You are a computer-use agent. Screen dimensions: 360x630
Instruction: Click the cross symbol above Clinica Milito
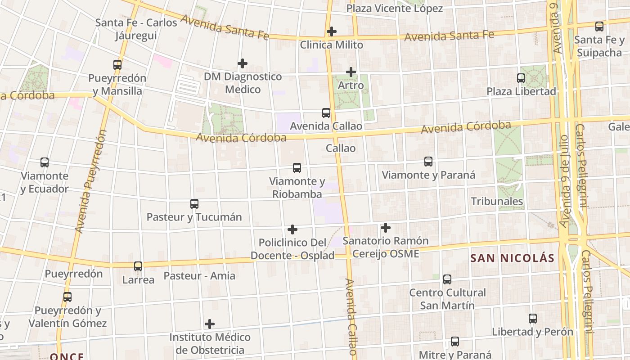(332, 31)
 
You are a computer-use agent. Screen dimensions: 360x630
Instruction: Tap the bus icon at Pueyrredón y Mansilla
(117, 65)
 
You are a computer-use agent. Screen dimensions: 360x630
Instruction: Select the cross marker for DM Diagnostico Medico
(243, 63)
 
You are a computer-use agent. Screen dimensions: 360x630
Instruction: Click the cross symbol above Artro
(351, 72)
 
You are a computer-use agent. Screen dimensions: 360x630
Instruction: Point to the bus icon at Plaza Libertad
(521, 78)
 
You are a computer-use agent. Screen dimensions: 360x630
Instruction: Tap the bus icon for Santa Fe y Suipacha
(599, 27)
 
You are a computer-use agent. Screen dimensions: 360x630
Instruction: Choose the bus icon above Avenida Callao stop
(326, 113)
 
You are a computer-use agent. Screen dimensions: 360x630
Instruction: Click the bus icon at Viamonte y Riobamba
(297, 168)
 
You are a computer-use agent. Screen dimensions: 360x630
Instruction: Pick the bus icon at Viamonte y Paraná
(428, 162)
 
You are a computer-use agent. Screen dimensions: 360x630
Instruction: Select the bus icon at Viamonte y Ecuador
(45, 162)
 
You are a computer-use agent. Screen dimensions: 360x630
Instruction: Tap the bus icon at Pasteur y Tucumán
(194, 204)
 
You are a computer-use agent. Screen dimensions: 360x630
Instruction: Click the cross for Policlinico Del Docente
(292, 229)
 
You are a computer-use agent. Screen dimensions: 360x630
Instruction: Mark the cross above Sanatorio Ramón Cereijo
(386, 228)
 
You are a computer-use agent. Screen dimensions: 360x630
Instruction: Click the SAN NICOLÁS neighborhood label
(512, 258)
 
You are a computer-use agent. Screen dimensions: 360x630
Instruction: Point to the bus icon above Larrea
(138, 266)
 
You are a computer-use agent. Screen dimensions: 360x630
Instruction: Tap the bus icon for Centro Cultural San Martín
(447, 279)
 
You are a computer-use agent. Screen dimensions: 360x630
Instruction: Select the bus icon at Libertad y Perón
(533, 319)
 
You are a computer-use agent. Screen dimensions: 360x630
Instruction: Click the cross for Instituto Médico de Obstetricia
(210, 324)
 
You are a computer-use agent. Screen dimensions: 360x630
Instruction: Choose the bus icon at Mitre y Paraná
(455, 342)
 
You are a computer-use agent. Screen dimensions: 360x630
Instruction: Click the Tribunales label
(497, 201)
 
